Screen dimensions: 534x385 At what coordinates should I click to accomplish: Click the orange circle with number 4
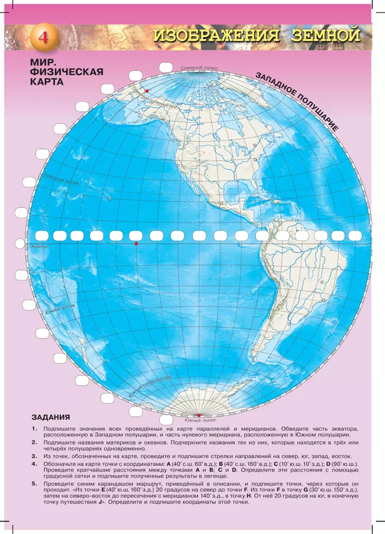click(x=43, y=37)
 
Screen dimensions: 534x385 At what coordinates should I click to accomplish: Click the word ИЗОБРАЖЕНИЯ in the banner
click(x=216, y=36)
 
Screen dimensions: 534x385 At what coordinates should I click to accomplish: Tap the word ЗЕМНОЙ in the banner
click(x=326, y=36)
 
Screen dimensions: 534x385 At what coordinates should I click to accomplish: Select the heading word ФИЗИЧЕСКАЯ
click(x=67, y=72)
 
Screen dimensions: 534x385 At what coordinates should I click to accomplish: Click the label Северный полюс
click(x=199, y=69)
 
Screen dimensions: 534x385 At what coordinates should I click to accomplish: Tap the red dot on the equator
click(x=136, y=244)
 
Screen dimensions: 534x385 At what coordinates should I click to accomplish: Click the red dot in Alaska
click(x=146, y=91)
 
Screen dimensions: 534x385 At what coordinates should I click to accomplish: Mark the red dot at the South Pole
click(x=199, y=415)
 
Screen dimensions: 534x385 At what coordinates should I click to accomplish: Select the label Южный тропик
click(x=59, y=309)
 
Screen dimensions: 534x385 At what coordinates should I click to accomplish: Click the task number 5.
click(x=34, y=485)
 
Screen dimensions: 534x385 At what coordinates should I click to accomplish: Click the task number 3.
click(x=34, y=456)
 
